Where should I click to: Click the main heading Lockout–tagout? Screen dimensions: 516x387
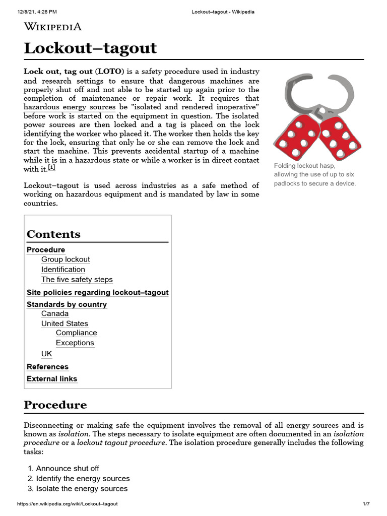[x=90, y=48]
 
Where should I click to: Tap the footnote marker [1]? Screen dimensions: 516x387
[x=51, y=168]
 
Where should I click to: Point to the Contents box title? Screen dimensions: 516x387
[x=53, y=234]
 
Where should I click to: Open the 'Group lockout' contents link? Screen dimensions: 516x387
[x=66, y=260]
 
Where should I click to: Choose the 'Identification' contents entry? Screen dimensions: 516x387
[x=63, y=270]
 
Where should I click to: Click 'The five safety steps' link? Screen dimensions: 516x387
[x=77, y=280]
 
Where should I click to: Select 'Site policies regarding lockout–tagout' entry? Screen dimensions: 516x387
[x=97, y=292]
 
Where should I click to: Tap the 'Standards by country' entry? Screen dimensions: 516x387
[x=67, y=304]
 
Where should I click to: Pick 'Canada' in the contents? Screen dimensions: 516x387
[x=55, y=313]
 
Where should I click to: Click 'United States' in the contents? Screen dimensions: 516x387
[x=64, y=324]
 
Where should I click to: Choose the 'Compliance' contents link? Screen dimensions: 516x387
[x=76, y=333]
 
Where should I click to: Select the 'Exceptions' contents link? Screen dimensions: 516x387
[x=75, y=343]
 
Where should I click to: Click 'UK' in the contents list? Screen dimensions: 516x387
[x=46, y=354]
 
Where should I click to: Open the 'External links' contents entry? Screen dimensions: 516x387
[x=52, y=379]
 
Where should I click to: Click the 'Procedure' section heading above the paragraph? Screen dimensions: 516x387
[x=55, y=405]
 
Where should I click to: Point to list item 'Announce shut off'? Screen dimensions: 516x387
[x=68, y=469]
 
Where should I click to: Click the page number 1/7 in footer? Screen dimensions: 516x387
[x=366, y=504]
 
